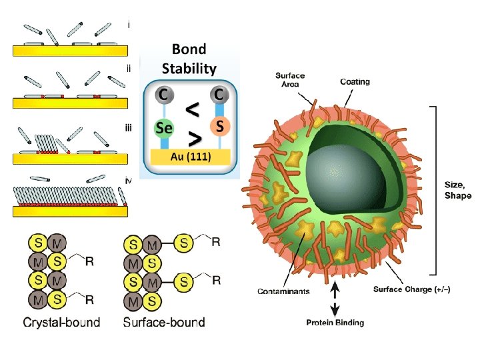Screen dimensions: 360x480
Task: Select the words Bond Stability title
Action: pos(189,59)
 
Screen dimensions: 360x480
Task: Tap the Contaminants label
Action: pos(283,291)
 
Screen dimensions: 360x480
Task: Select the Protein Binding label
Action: pos(335,323)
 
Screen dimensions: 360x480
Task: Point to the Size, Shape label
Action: pos(458,191)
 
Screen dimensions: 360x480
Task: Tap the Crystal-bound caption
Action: pos(62,323)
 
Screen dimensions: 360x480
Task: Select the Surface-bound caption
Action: pos(163,323)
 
